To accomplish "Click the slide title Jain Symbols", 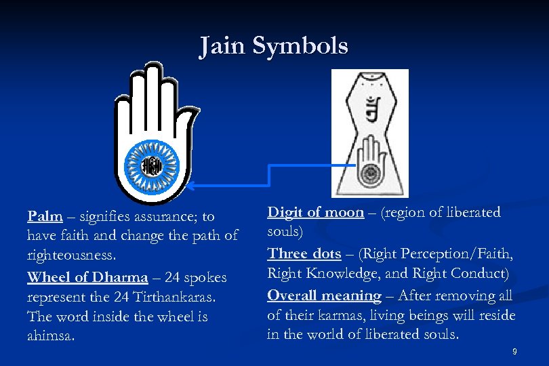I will pos(274,46).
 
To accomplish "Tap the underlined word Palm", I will pos(45,217).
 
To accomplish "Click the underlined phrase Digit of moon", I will pos(316,212).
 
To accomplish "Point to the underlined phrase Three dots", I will pos(304,253).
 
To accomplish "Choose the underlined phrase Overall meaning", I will pos(324,296).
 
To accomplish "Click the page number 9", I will pos(514,351).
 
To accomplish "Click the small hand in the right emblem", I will pos(369,163).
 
